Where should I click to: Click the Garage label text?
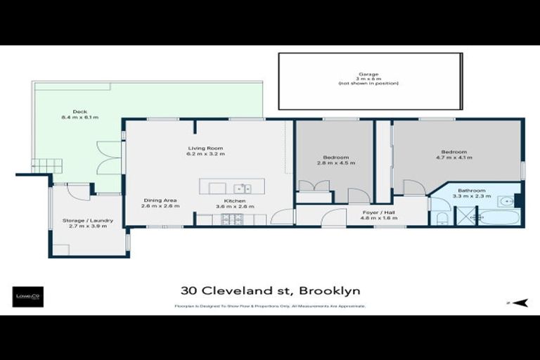pyautogui.click(x=368, y=74)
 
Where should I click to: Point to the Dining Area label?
pyautogui.click(x=159, y=200)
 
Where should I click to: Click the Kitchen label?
pyautogui.click(x=225, y=200)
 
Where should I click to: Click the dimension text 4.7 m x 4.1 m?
pyautogui.click(x=454, y=158)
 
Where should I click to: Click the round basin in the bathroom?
pyautogui.click(x=505, y=201)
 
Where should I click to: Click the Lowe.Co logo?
pyautogui.click(x=29, y=296)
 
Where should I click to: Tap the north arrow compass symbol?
pyautogui.click(x=518, y=302)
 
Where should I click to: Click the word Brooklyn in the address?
pyautogui.click(x=330, y=290)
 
